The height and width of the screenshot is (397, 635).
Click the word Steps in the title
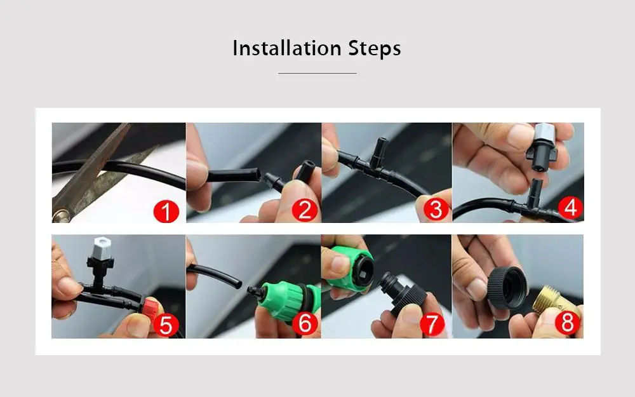(x=375, y=49)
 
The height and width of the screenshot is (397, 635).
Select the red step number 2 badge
(x=305, y=210)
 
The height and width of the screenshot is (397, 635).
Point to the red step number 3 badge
(x=436, y=210)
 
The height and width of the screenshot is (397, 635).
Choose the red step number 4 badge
(x=570, y=208)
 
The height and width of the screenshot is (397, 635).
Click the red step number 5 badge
(x=166, y=325)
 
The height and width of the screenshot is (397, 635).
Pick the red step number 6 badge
(x=305, y=323)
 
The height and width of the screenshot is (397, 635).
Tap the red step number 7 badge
(x=432, y=324)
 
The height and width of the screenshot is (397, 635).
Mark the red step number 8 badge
(x=567, y=322)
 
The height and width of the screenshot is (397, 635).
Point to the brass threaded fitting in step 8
(x=559, y=299)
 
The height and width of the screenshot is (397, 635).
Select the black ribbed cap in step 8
(x=507, y=288)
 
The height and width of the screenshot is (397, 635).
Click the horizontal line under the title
(x=317, y=73)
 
